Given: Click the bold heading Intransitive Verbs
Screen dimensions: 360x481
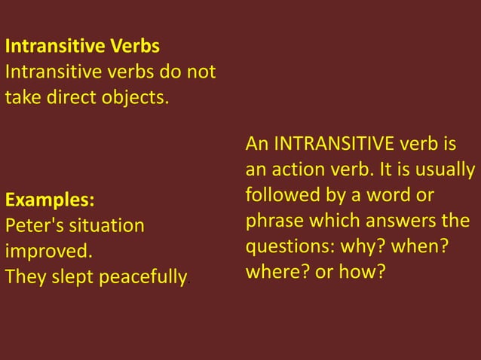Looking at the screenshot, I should point(82,47).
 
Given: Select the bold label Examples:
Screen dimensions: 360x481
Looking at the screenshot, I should point(51,200).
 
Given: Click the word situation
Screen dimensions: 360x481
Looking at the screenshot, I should point(105,226).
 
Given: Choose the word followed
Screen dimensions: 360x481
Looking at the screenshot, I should point(277,194).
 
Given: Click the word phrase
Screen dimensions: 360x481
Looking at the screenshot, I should point(270,220).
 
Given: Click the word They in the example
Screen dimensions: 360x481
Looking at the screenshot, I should point(23,277).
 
